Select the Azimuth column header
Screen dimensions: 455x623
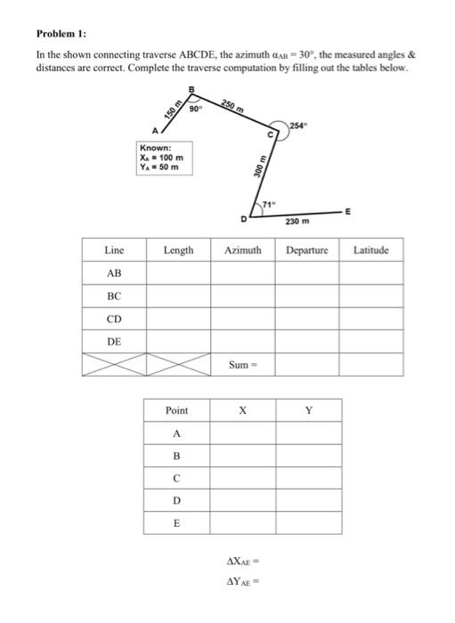click(242, 251)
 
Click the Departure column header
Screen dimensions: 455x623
click(307, 251)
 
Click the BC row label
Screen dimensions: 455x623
click(114, 295)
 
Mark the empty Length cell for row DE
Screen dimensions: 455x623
click(178, 342)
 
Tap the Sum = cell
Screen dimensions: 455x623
click(242, 365)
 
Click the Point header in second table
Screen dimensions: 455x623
click(177, 410)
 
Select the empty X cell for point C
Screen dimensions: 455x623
click(242, 479)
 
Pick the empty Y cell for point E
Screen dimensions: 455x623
click(308, 524)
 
